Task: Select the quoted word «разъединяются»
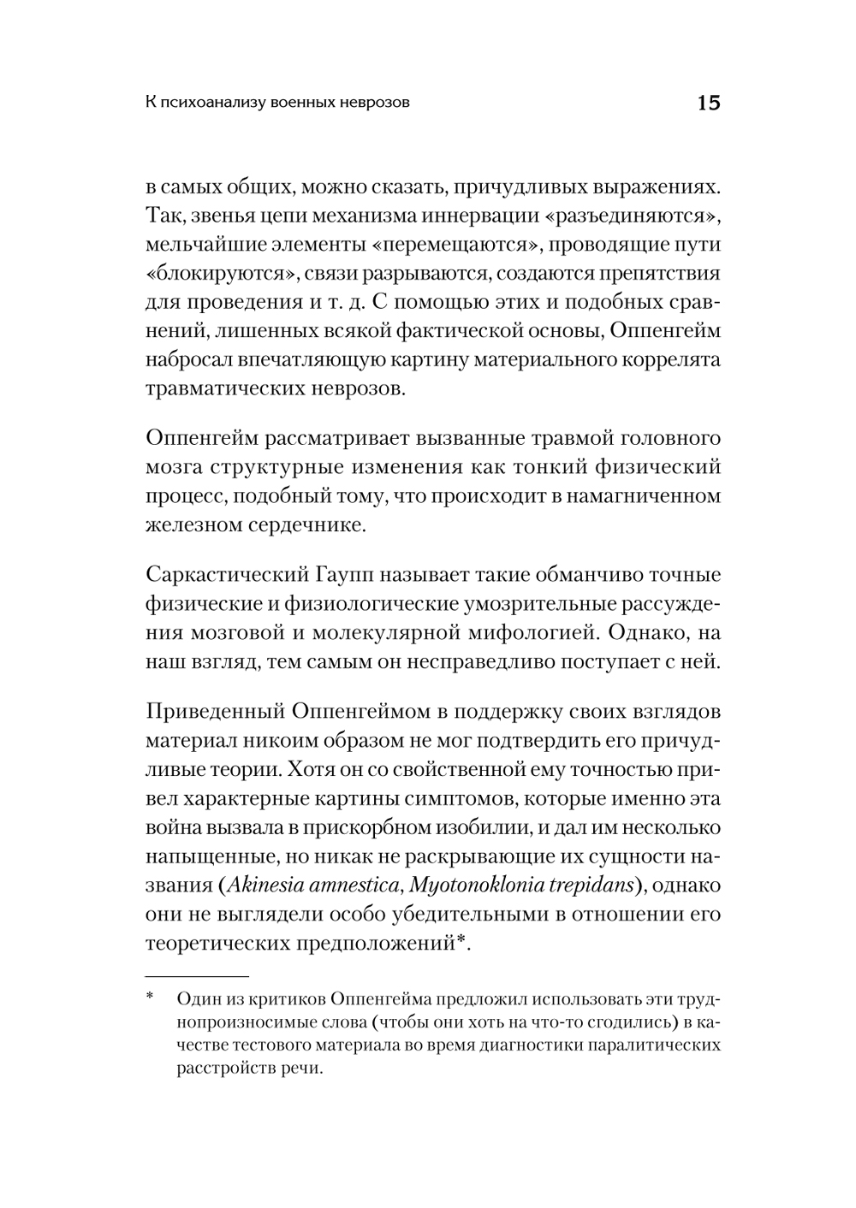pyautogui.click(x=632, y=215)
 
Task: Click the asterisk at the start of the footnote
pyautogui.click(x=150, y=998)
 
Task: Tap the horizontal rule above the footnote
pyautogui.click(x=197, y=974)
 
